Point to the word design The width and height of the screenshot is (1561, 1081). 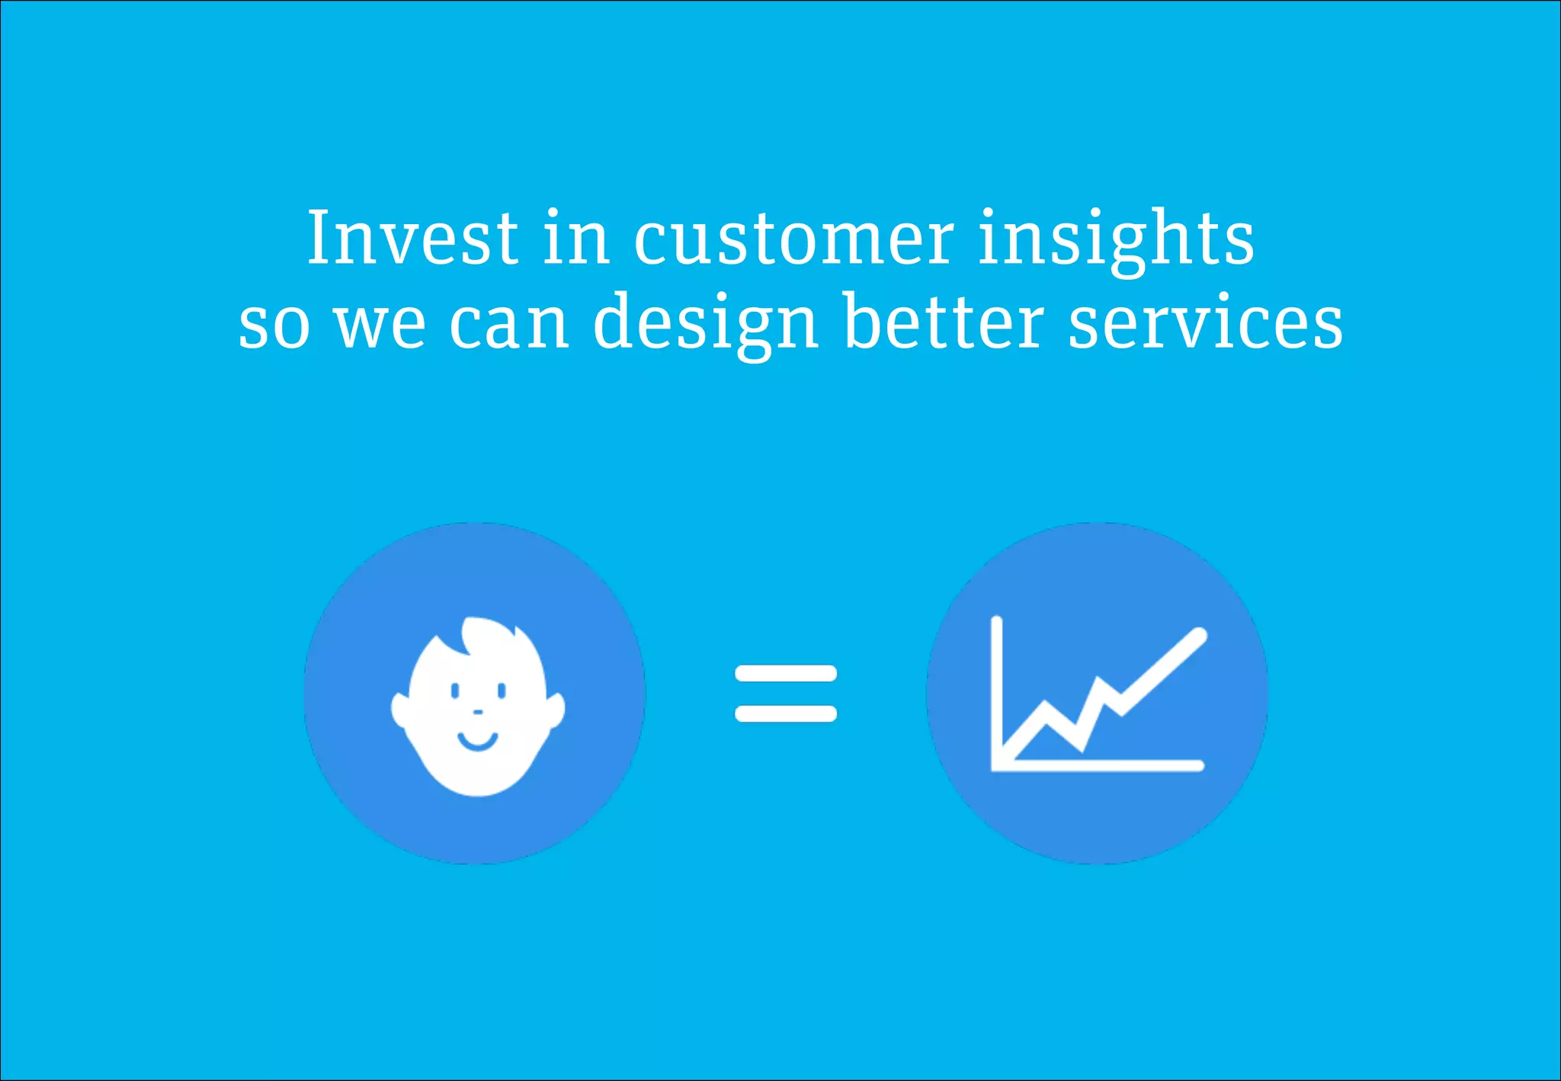pyautogui.click(x=705, y=323)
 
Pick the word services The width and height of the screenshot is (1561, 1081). pyautogui.click(x=1205, y=323)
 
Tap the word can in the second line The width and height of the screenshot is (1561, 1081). pyautogui.click(x=508, y=323)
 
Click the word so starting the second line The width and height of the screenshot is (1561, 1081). pyautogui.click(x=274, y=325)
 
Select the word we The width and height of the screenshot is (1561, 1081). pyautogui.click(x=380, y=325)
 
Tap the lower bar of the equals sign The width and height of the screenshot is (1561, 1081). pyautogui.click(x=785, y=714)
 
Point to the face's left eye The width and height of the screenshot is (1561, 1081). pyautogui.click(x=455, y=691)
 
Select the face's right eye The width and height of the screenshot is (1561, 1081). pyautogui.click(x=502, y=691)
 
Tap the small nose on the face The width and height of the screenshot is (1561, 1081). pyautogui.click(x=478, y=712)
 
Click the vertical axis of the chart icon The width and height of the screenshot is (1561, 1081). pyautogui.click(x=996, y=686)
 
